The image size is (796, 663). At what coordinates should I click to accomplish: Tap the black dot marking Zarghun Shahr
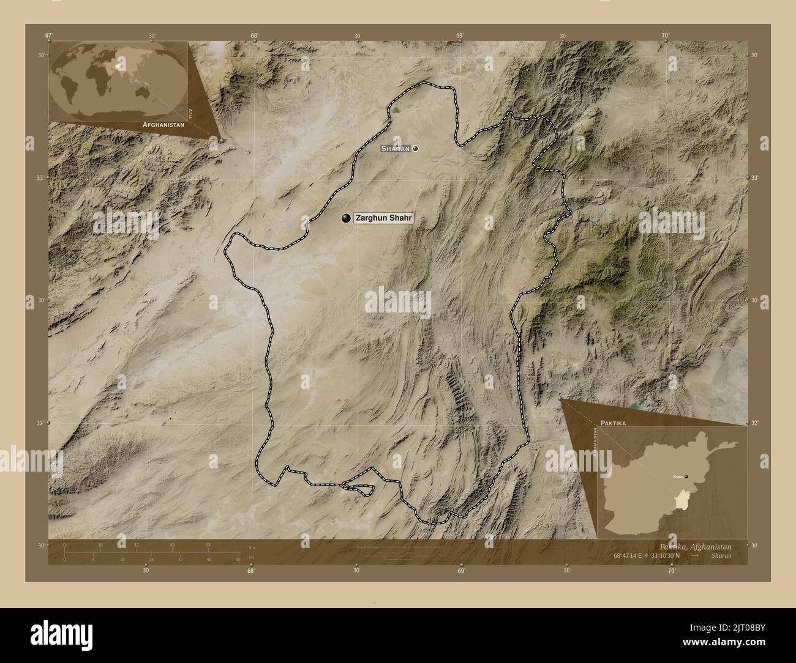[x=347, y=218]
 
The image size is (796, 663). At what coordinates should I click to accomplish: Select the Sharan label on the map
[x=395, y=149]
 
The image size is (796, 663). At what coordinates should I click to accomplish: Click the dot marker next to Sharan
[x=416, y=149]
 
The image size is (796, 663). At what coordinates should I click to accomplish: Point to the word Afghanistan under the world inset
[x=163, y=124]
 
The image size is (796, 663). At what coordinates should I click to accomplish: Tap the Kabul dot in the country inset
[x=686, y=476]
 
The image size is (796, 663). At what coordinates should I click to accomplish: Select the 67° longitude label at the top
[x=48, y=35]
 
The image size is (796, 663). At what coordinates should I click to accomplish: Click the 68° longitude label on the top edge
[x=253, y=35]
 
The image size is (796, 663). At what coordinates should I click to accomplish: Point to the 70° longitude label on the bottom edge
[x=672, y=571]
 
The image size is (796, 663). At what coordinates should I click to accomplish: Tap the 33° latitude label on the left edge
[x=40, y=177]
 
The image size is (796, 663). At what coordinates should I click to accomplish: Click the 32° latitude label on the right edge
[x=755, y=423]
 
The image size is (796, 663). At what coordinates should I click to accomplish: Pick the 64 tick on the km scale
[x=208, y=544]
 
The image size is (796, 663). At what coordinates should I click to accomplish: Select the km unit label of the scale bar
[x=252, y=547]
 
